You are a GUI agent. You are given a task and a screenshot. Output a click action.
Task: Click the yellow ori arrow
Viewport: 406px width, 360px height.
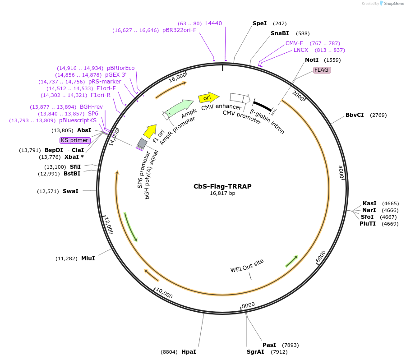[208, 97]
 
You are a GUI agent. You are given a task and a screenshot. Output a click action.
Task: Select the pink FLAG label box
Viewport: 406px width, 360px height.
[322, 70]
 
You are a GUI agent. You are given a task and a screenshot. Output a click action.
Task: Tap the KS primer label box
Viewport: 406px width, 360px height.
[75, 140]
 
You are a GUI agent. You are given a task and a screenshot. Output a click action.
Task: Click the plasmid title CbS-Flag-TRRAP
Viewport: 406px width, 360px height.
[222, 186]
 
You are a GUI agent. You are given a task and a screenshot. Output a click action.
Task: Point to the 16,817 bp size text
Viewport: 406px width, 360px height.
[222, 193]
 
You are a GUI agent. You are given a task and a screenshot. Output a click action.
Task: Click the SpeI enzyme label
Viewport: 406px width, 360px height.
[259, 23]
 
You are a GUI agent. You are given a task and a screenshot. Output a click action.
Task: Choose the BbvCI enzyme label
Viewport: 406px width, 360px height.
[355, 115]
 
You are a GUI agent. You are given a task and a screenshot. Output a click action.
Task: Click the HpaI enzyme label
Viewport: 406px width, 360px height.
[189, 351]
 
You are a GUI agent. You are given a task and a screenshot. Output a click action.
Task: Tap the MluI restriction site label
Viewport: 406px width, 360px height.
[88, 258]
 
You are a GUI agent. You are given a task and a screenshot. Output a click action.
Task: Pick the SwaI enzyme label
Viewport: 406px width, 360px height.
[70, 191]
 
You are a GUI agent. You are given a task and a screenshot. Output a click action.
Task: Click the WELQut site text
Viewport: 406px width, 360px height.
[247, 266]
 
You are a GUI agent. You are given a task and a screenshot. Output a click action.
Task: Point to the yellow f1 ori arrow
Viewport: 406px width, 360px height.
[149, 131]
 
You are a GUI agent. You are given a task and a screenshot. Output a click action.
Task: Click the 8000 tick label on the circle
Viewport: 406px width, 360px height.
[249, 305]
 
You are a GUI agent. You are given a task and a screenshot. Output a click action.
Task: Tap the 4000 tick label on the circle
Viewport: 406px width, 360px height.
[341, 172]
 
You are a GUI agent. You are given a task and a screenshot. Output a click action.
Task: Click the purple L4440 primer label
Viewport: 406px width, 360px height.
[213, 23]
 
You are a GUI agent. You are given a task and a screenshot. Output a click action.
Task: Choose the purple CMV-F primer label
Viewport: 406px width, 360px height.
[294, 43]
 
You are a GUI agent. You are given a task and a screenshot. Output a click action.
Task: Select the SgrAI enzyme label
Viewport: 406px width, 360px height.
[255, 351]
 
